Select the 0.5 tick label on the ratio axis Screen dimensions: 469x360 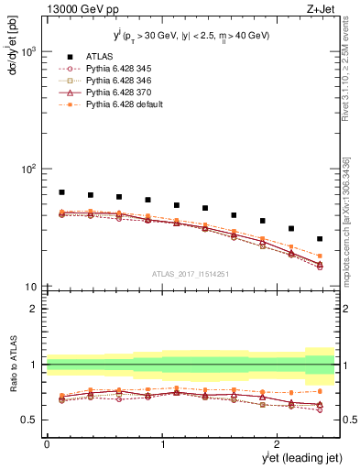tap(30, 420)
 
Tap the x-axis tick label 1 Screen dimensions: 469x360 tap(163, 443)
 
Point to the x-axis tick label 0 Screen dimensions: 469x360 tap(47, 443)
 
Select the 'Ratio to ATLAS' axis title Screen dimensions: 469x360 tap(13, 388)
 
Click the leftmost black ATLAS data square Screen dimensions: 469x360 tap(61, 192)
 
